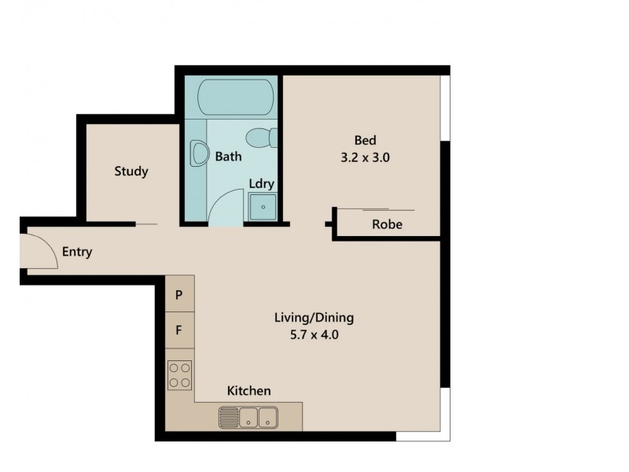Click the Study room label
tap(131, 171)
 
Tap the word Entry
tap(77, 253)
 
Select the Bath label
tap(228, 157)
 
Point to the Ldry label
tap(261, 183)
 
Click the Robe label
tap(387, 224)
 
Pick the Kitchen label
tap(249, 391)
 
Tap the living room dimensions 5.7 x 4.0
tap(314, 334)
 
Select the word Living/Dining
tap(314, 319)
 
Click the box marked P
tap(179, 296)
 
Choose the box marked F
tap(179, 330)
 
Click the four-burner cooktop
tap(180, 374)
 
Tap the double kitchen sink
tap(249, 416)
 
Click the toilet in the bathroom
tap(259, 138)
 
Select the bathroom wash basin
tap(197, 154)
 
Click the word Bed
tap(366, 141)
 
